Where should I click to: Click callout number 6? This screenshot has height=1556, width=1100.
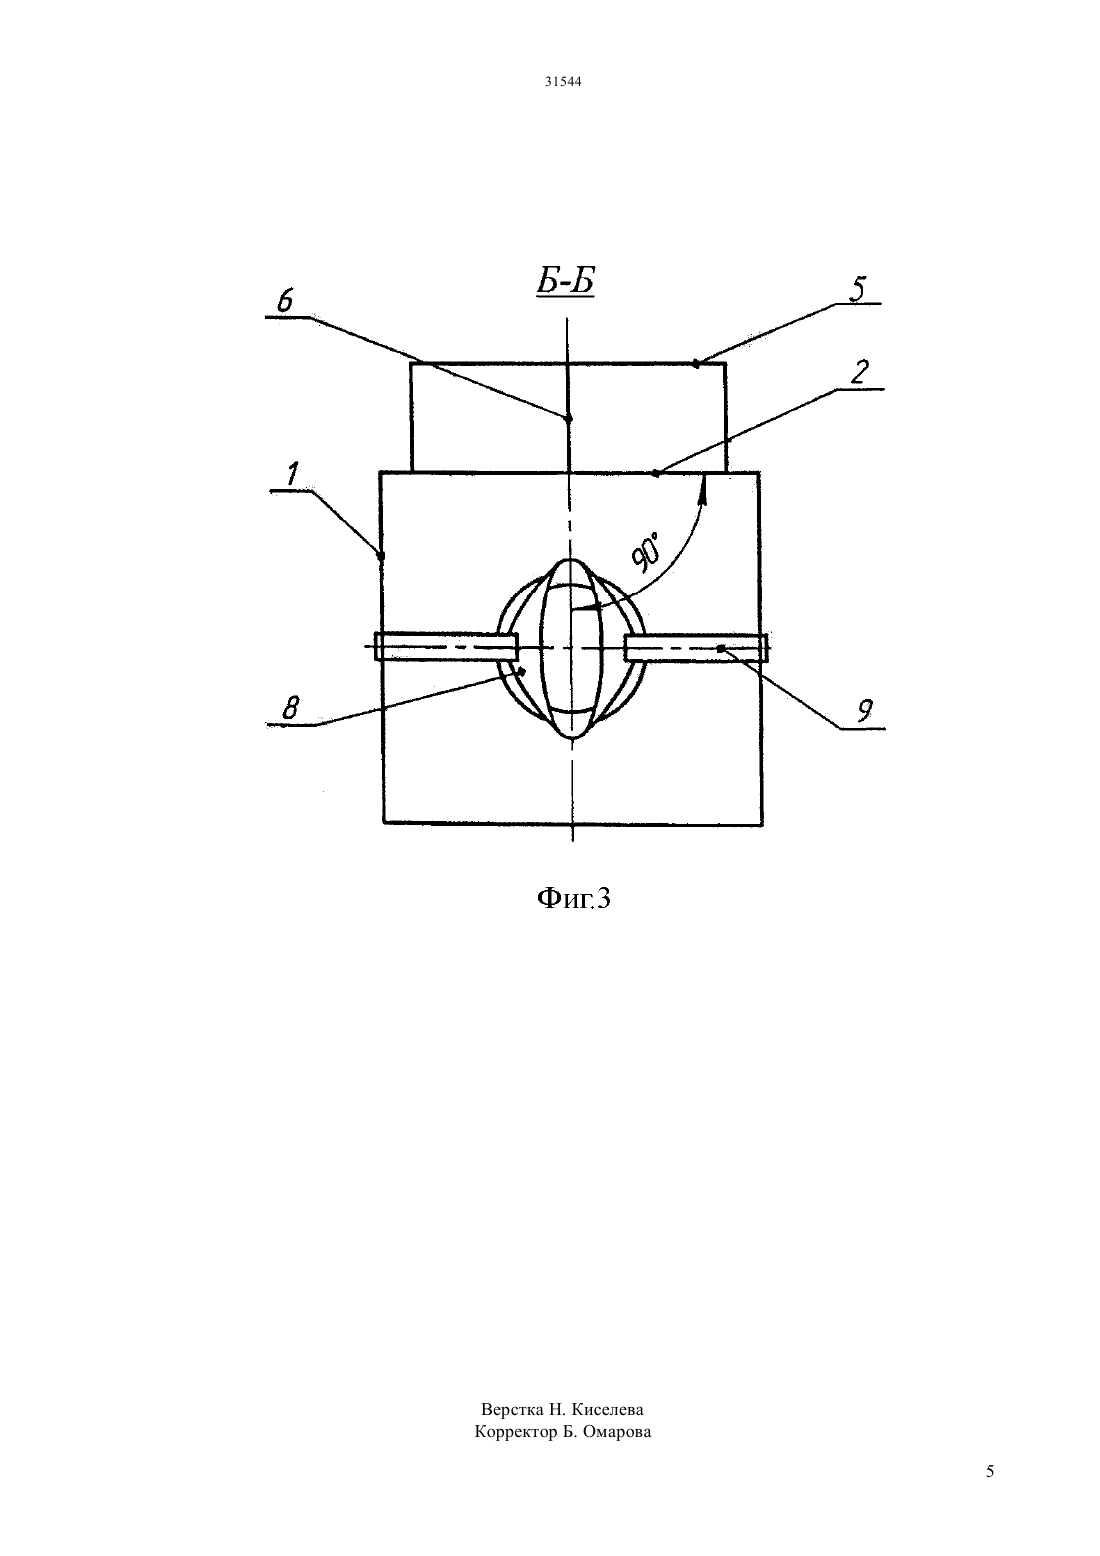coord(285,300)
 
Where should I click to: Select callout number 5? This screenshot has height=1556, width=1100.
coord(858,289)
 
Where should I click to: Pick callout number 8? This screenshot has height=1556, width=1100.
coord(290,709)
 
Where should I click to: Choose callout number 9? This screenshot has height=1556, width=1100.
coord(864,711)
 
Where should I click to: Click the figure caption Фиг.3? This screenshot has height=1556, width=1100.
coord(574,898)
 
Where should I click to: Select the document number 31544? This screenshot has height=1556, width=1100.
coord(563,82)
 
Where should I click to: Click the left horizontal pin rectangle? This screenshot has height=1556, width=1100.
coord(446,647)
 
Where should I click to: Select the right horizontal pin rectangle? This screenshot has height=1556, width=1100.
coord(696,647)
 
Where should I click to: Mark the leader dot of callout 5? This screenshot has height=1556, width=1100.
coord(697,363)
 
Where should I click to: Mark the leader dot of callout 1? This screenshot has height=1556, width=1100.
coord(381,556)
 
